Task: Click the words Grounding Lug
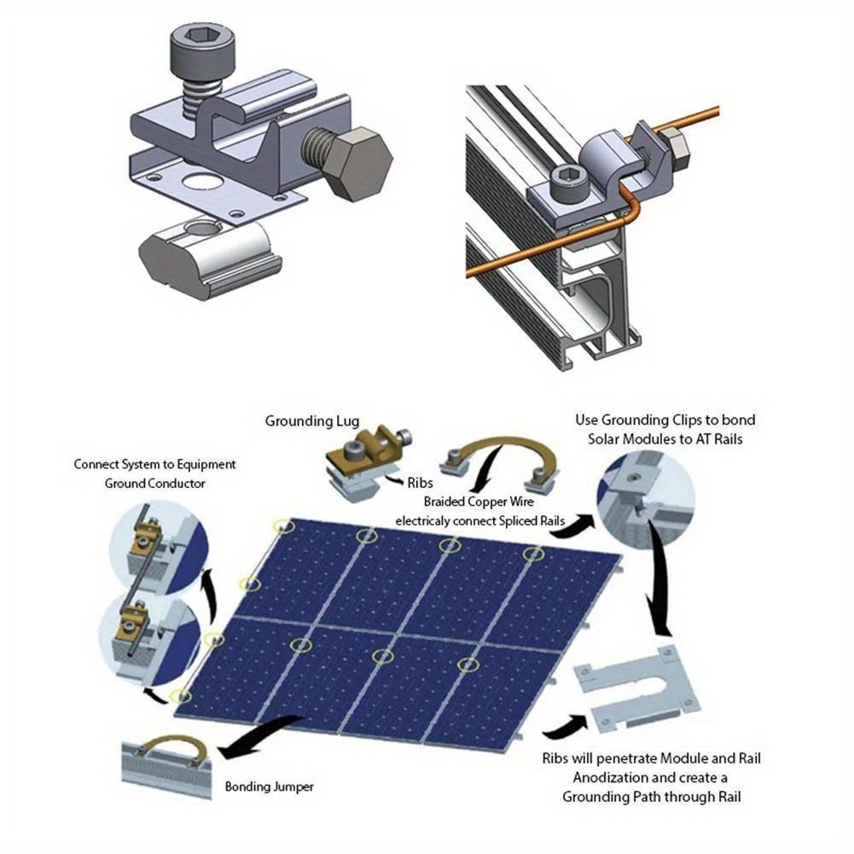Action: (313, 421)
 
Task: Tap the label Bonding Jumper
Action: (270, 787)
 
